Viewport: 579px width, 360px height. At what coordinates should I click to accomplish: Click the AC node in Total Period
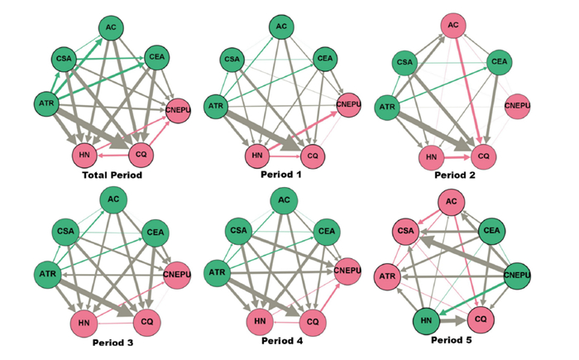pos(111,27)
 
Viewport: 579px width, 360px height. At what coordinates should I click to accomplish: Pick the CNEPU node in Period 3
pos(175,275)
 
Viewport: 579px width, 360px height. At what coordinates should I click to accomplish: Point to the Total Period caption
pos(110,175)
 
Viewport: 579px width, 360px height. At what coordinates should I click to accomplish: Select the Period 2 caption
pos(453,175)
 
